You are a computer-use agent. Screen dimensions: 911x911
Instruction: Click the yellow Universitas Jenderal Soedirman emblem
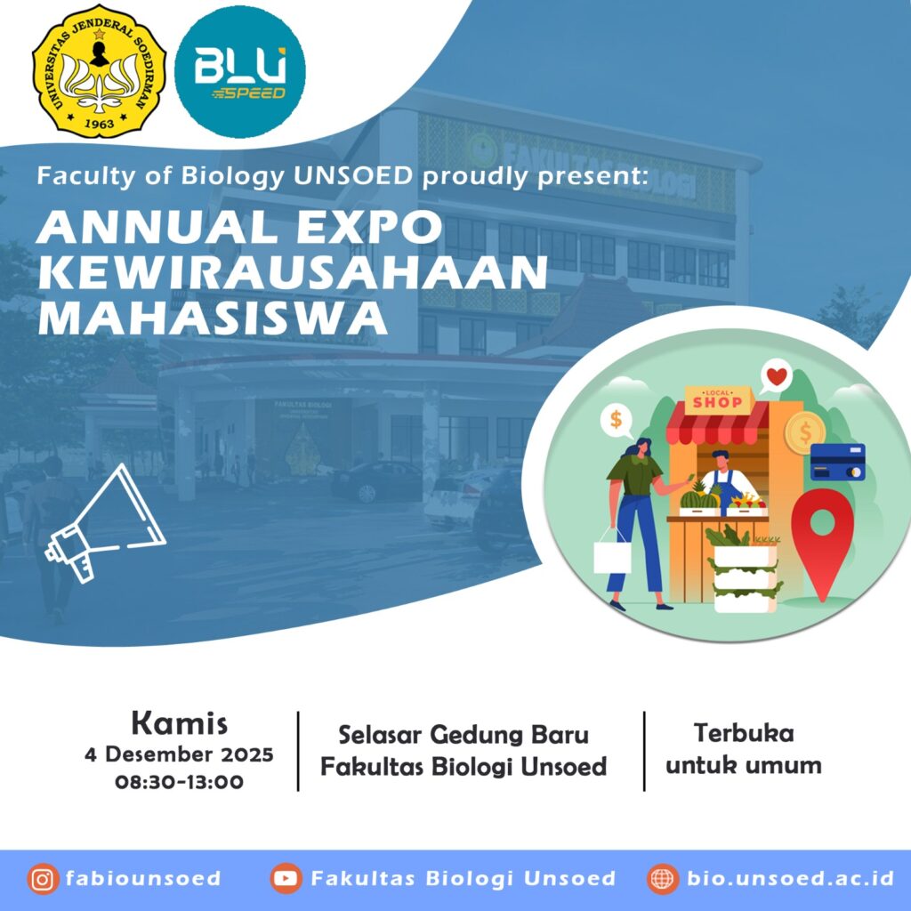pos(100,71)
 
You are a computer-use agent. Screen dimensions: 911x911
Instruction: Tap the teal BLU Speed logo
pos(240,72)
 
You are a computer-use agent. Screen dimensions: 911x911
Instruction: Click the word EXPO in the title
pos(369,227)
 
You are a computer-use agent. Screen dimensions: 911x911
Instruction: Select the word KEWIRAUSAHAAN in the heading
pos(292,272)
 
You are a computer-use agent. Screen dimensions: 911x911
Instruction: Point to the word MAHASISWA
pos(213,318)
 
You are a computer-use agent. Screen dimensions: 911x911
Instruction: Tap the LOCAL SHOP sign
pos(718,399)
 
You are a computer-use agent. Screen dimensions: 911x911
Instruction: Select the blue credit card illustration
pos(838,462)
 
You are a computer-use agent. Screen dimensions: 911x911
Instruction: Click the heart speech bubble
pos(776,377)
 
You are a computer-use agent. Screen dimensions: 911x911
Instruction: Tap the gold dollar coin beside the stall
pos(805,431)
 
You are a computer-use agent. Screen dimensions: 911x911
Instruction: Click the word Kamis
pos(180,723)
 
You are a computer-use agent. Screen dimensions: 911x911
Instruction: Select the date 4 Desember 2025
pos(179,754)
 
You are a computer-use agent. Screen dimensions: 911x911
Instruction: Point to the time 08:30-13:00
pos(179,781)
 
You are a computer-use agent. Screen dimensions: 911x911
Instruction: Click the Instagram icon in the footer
pos(43,879)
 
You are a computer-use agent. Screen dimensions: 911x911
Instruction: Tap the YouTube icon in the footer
pos(286,878)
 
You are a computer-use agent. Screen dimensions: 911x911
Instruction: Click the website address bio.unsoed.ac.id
pos(790,878)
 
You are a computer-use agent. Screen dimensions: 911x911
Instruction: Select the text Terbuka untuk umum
pos(744,749)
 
